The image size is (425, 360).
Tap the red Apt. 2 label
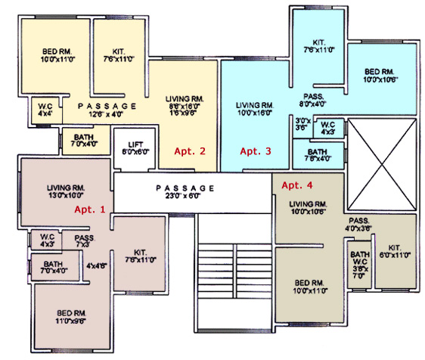click(x=190, y=151)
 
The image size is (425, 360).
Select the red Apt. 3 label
click(x=256, y=151)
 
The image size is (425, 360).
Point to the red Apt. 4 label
click(x=296, y=185)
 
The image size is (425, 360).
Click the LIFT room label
click(x=136, y=147)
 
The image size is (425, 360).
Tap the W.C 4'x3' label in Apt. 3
click(x=327, y=128)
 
